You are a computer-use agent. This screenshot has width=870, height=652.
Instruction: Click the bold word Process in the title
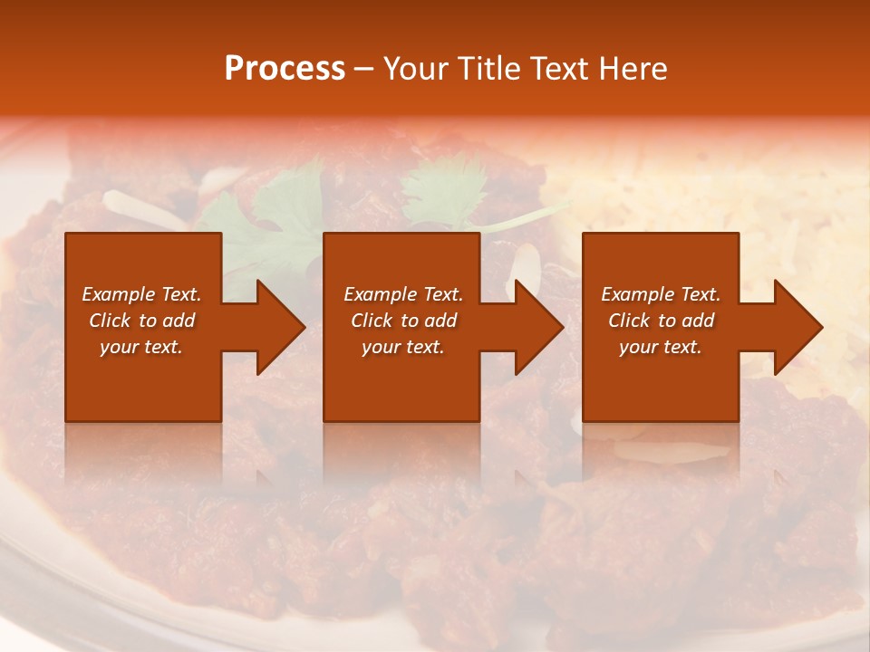(x=285, y=69)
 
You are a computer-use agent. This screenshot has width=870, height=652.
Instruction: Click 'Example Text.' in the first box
(x=141, y=294)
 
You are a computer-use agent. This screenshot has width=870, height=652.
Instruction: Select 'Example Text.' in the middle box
(x=403, y=294)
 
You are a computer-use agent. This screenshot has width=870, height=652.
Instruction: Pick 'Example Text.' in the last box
(x=661, y=294)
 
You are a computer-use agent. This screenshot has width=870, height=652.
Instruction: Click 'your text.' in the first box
(x=141, y=347)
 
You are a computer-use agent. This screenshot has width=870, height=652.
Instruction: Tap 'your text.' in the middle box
(x=403, y=347)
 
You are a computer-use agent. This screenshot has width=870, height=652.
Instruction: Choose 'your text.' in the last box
(x=661, y=347)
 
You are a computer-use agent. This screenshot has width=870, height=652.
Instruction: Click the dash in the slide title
(x=363, y=70)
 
